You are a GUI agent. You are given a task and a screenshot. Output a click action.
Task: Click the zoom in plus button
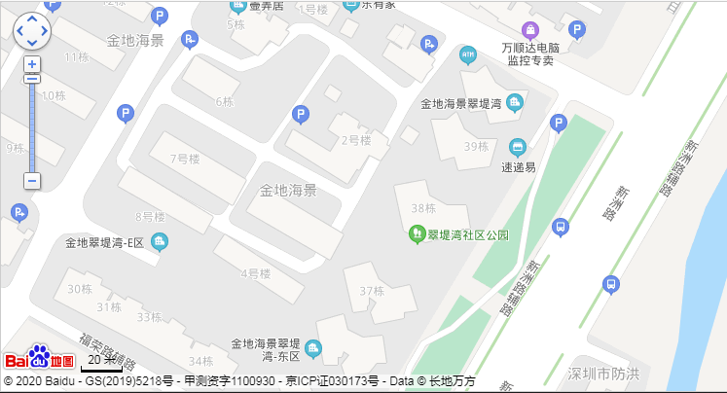click(32, 64)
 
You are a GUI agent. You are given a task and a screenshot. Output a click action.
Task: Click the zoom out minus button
click(32, 181)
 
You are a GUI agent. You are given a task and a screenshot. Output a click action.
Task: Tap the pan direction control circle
click(32, 30)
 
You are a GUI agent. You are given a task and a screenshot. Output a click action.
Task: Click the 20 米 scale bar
click(101, 361)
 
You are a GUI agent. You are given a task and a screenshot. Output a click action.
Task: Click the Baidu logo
click(40, 358)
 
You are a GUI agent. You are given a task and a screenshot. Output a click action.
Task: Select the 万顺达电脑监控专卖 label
click(530, 54)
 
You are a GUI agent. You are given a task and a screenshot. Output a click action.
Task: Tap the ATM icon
click(468, 53)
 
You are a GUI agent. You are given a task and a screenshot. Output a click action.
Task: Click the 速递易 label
click(518, 166)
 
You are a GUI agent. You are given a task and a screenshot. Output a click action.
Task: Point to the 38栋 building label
click(423, 207)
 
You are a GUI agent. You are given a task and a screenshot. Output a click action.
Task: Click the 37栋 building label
click(372, 291)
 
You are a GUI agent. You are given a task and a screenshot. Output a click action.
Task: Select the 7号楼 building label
click(184, 159)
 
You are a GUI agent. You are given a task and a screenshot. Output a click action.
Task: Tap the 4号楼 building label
click(255, 273)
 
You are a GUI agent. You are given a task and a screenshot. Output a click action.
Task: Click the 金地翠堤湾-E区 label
click(104, 242)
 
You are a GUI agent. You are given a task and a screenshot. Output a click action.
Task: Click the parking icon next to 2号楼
click(301, 116)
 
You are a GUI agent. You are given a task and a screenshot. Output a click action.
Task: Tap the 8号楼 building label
click(152, 216)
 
